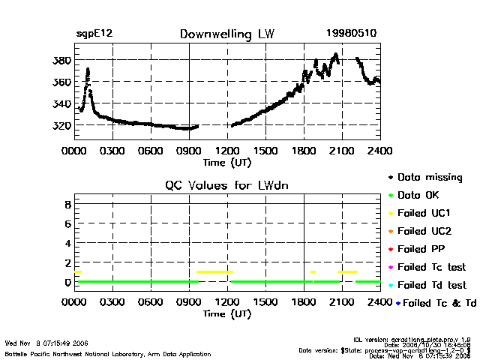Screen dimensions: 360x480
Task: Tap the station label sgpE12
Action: pos(94,34)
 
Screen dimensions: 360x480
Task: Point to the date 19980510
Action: pos(352,34)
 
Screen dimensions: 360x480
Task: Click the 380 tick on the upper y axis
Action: pos(63,60)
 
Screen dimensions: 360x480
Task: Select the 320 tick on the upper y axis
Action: pos(63,125)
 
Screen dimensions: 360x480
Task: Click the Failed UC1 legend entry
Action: pos(424,213)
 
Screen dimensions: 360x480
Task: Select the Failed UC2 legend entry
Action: pos(424,231)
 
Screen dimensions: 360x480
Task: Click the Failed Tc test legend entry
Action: pos(431,267)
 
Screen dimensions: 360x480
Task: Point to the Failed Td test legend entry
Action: pos(431,285)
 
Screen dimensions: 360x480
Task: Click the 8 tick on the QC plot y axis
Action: pos(67,203)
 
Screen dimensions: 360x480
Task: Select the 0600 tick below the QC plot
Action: pos(151,302)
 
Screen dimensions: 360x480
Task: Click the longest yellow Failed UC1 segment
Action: pos(214,271)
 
